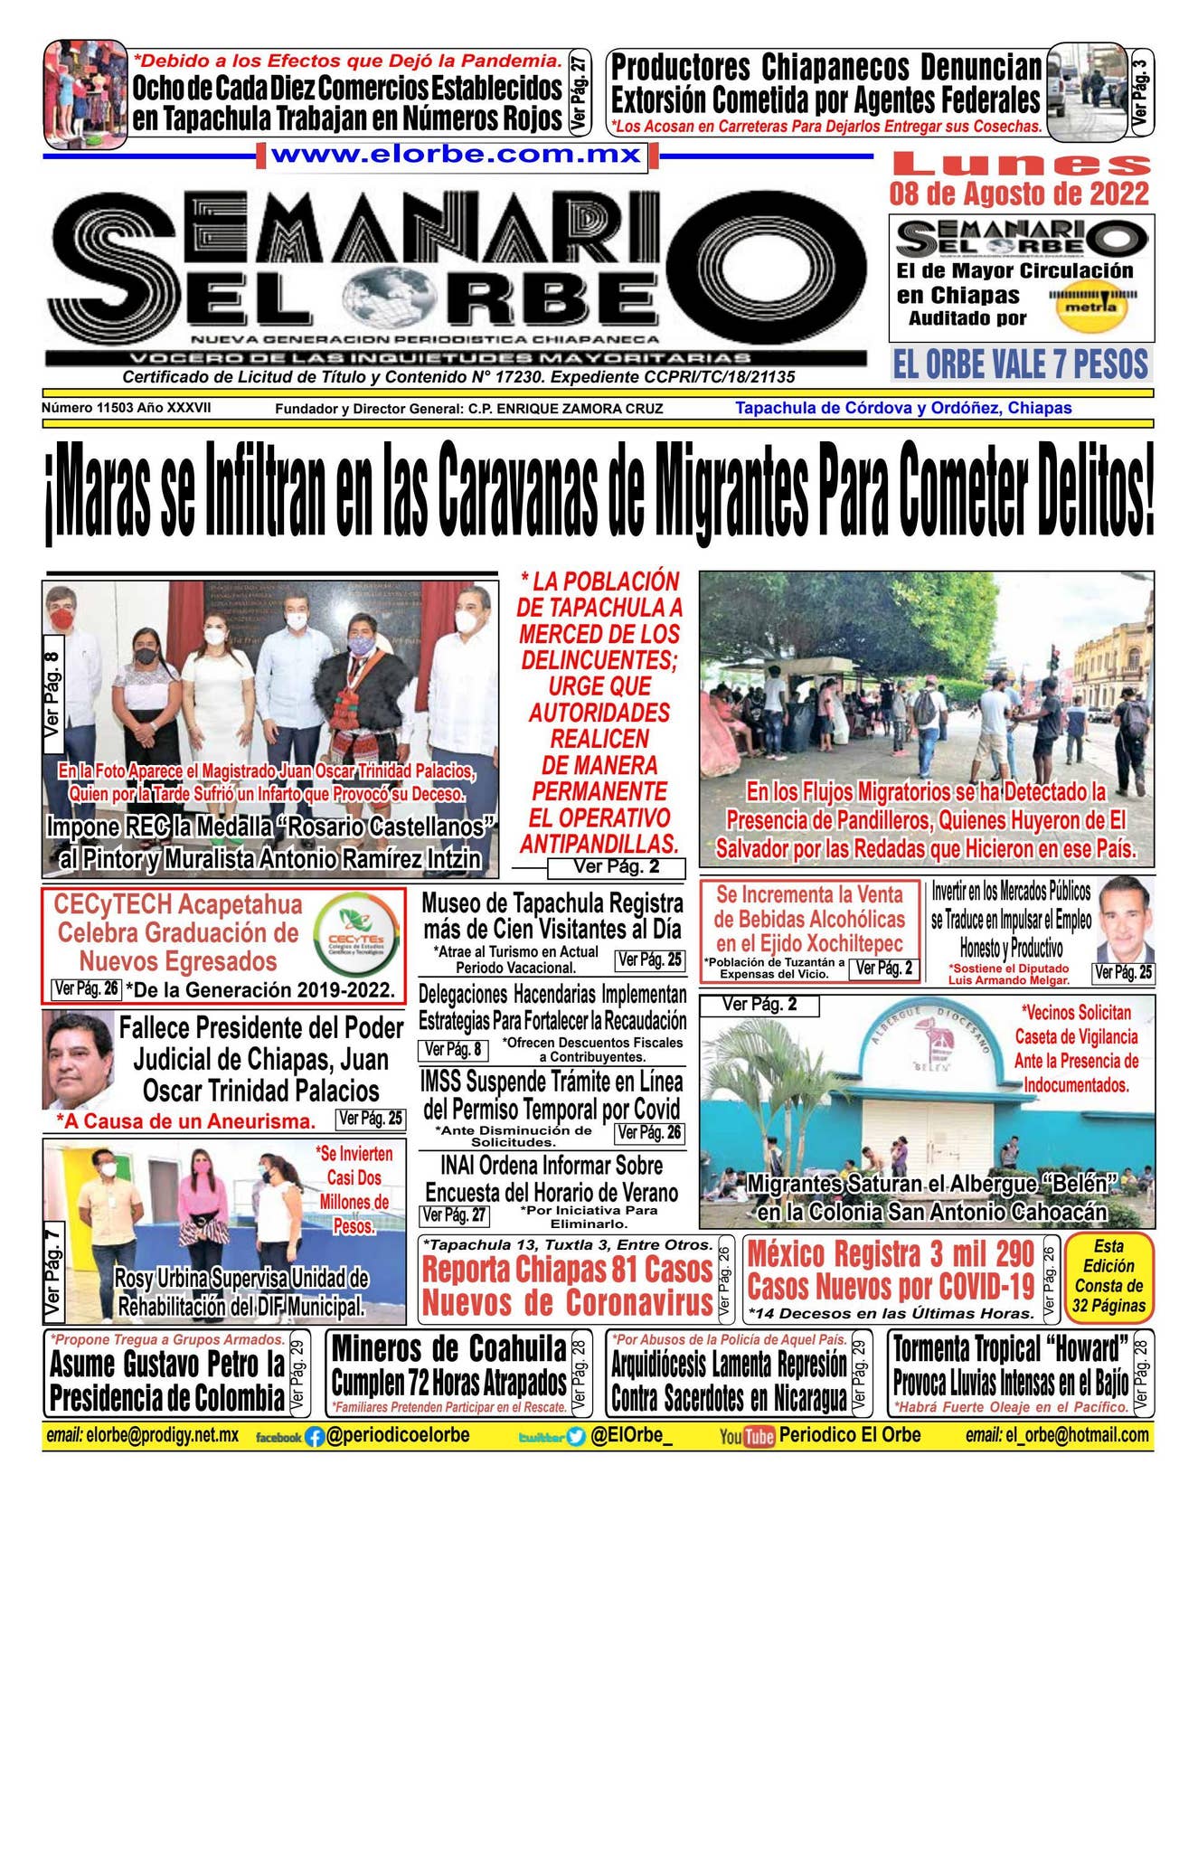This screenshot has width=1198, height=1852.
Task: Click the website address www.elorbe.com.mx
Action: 457,154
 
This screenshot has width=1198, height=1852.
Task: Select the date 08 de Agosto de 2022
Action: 1020,194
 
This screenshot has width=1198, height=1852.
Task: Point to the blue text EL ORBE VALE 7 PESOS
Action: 1020,364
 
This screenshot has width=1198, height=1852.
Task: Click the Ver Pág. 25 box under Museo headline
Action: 649,959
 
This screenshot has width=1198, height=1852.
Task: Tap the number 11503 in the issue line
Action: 116,408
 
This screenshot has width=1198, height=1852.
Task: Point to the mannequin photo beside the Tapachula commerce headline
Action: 85,93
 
